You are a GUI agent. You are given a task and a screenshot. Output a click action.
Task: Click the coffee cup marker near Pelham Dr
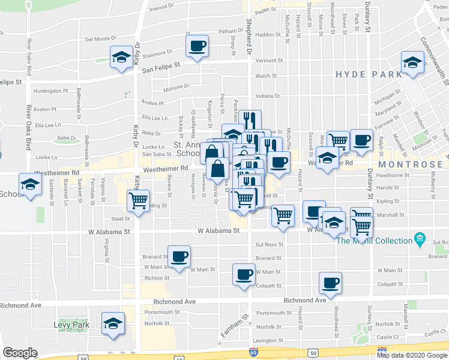point(197,46)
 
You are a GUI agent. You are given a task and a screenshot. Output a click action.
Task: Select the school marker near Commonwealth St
point(412,63)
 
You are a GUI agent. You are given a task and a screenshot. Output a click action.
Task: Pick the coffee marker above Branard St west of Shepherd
point(179,257)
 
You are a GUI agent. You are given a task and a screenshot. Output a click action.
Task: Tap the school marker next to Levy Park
point(113,324)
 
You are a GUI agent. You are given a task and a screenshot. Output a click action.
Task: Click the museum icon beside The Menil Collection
point(420,240)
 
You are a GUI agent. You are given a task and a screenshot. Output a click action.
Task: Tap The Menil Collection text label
point(373,241)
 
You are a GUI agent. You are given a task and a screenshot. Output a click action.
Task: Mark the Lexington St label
point(268,340)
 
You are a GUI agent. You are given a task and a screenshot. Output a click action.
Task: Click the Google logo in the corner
point(20,353)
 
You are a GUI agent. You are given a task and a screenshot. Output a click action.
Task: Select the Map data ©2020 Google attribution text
point(412,355)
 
